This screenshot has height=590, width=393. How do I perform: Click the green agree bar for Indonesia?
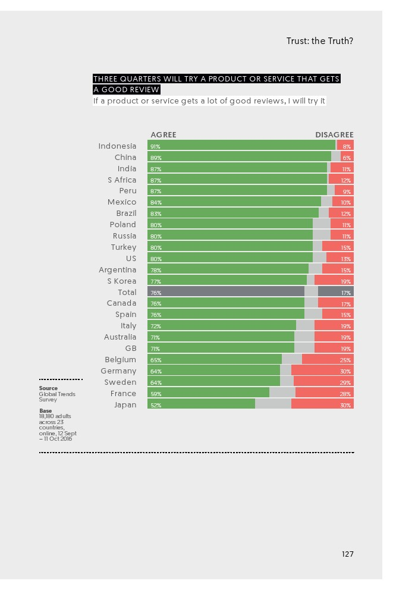[241, 146]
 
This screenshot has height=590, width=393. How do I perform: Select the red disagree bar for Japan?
[322, 404]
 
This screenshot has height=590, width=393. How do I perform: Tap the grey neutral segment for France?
[282, 393]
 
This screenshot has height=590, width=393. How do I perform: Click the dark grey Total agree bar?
[226, 292]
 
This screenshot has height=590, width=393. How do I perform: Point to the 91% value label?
[155, 146]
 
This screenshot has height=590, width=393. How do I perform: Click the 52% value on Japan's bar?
[155, 405]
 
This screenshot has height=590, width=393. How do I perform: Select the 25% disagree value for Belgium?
[345, 360]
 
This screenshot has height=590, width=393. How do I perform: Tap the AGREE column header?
[164, 135]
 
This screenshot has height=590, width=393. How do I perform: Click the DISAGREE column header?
[334, 135]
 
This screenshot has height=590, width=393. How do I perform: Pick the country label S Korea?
[122, 281]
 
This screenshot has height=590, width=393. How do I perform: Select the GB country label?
[131, 349]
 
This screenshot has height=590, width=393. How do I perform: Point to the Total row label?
[127, 292]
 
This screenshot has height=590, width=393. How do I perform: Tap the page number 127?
[348, 554]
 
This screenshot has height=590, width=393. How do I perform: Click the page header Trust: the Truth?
[320, 41]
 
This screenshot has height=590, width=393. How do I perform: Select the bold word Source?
[48, 388]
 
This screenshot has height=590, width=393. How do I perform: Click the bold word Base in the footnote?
[45, 410]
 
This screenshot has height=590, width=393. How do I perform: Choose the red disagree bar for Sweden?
[323, 382]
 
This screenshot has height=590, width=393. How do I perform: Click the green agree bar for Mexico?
[234, 202]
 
